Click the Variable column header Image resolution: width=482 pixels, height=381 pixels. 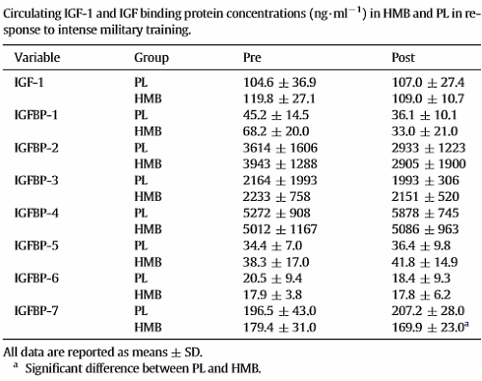coord(37,57)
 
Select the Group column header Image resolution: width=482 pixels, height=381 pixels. coord(151,58)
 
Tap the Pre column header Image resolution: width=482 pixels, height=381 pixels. coord(252,57)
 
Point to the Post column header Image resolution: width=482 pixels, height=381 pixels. coord(403,57)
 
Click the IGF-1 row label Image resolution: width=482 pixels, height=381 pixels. coord(29,82)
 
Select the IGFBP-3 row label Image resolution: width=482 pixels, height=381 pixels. coord(36,180)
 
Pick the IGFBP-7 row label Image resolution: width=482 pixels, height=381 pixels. coord(36,310)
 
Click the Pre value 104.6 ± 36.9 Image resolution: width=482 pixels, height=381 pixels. coord(279,82)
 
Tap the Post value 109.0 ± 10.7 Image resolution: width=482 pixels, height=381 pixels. coord(428,98)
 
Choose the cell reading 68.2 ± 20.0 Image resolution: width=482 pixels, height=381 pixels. coord(275,131)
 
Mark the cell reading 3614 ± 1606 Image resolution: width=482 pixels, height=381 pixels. coord(280,148)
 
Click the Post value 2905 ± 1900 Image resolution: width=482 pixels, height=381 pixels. coord(429,163)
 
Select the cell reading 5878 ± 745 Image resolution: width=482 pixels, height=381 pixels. coord(425,213)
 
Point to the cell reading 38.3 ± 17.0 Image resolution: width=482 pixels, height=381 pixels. coord(275,262)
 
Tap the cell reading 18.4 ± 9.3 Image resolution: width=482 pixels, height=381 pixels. coord(421,278)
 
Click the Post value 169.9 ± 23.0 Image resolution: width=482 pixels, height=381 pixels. coord(431,327)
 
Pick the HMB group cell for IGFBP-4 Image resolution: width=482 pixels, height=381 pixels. coord(148,229)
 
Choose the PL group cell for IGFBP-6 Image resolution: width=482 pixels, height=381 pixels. coord(141,278)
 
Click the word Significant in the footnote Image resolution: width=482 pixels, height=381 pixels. coord(53,368)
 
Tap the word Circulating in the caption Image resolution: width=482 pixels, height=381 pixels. coord(31,14)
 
